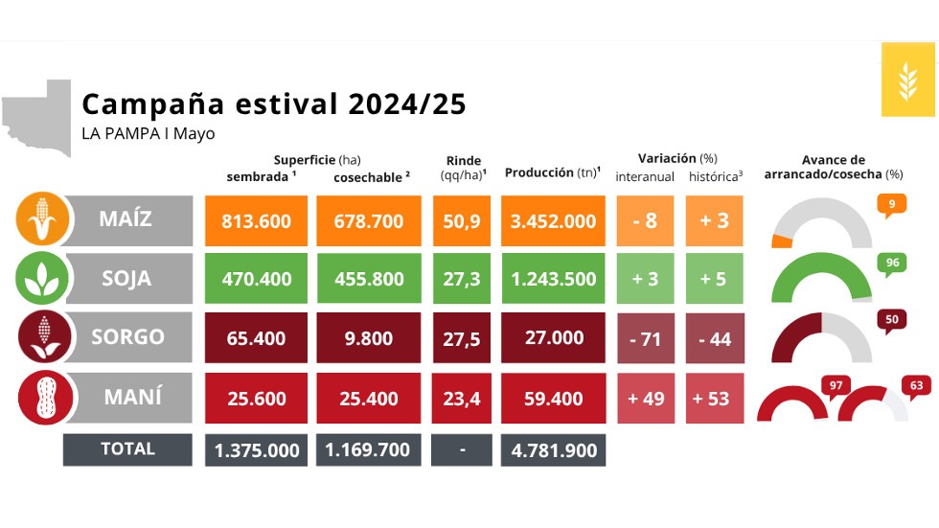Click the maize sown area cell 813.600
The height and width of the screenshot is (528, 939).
(x=256, y=221)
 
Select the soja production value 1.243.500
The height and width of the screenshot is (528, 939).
(x=553, y=280)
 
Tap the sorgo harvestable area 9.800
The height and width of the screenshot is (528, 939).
(x=369, y=339)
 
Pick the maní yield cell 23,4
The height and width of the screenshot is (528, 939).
(x=463, y=399)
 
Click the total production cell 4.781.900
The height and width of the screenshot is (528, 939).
(x=553, y=450)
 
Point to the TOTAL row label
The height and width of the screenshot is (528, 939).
(x=127, y=448)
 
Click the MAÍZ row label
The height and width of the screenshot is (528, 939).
(x=126, y=218)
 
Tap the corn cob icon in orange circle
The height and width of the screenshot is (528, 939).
(x=41, y=218)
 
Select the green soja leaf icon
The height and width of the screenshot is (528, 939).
(x=41, y=278)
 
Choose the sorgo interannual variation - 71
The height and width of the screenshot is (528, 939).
(x=644, y=339)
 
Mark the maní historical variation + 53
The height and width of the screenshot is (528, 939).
(x=714, y=399)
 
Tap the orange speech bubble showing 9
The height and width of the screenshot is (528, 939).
(x=891, y=204)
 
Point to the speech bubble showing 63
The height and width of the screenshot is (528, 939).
(x=917, y=387)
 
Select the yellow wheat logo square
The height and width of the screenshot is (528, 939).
(x=905, y=79)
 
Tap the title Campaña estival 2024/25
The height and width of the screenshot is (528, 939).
(x=274, y=104)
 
